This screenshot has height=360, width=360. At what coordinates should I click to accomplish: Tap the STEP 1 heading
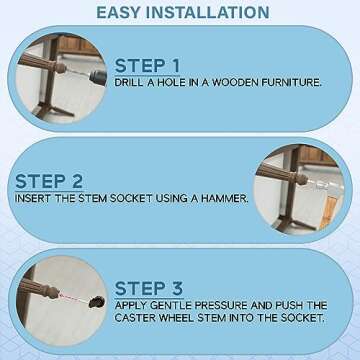pyautogui.click(x=147, y=66)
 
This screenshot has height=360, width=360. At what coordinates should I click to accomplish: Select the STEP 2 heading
pyautogui.click(x=49, y=182)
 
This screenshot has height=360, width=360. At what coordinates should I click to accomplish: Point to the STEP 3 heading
pyautogui.click(x=149, y=289)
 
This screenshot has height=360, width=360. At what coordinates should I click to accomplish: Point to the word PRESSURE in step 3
pyautogui.click(x=221, y=305)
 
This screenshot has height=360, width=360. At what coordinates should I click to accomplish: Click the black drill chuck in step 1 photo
pyautogui.click(x=98, y=78)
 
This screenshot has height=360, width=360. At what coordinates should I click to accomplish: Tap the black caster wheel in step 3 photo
pyautogui.click(x=97, y=302)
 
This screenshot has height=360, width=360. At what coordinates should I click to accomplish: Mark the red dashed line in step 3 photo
pyautogui.click(x=74, y=298)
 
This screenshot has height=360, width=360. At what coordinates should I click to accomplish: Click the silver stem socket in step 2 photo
pyautogui.click(x=322, y=184)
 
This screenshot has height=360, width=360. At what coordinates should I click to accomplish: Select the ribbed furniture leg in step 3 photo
pyautogui.click(x=39, y=288)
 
